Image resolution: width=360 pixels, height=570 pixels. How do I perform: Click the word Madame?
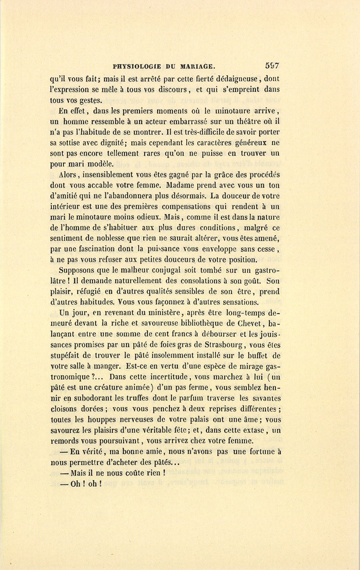tap(180, 185)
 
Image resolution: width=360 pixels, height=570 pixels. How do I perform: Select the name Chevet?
tap(249, 323)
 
